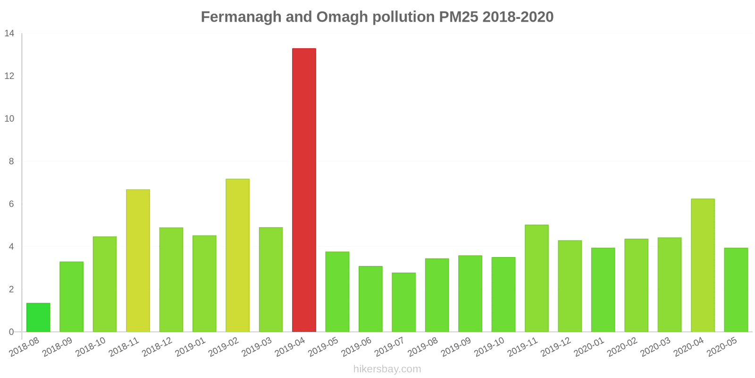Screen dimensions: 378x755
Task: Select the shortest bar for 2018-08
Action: (x=38, y=318)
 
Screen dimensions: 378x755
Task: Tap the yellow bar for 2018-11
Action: (x=138, y=260)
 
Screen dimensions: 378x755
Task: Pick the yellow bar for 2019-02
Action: (x=237, y=255)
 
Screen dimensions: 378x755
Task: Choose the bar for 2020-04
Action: (x=703, y=265)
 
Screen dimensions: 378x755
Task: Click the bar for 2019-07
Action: (x=403, y=302)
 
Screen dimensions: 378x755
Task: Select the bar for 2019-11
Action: (x=537, y=278)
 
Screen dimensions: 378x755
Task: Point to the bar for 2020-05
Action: (x=736, y=290)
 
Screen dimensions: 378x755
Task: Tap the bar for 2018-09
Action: (x=71, y=297)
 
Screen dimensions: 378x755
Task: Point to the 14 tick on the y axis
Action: (x=9, y=34)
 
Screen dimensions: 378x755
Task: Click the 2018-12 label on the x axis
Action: (x=158, y=347)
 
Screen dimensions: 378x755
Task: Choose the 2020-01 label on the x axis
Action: (x=589, y=347)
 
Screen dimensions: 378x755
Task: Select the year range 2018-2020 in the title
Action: (x=518, y=17)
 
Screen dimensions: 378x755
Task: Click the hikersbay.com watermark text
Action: (x=387, y=369)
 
